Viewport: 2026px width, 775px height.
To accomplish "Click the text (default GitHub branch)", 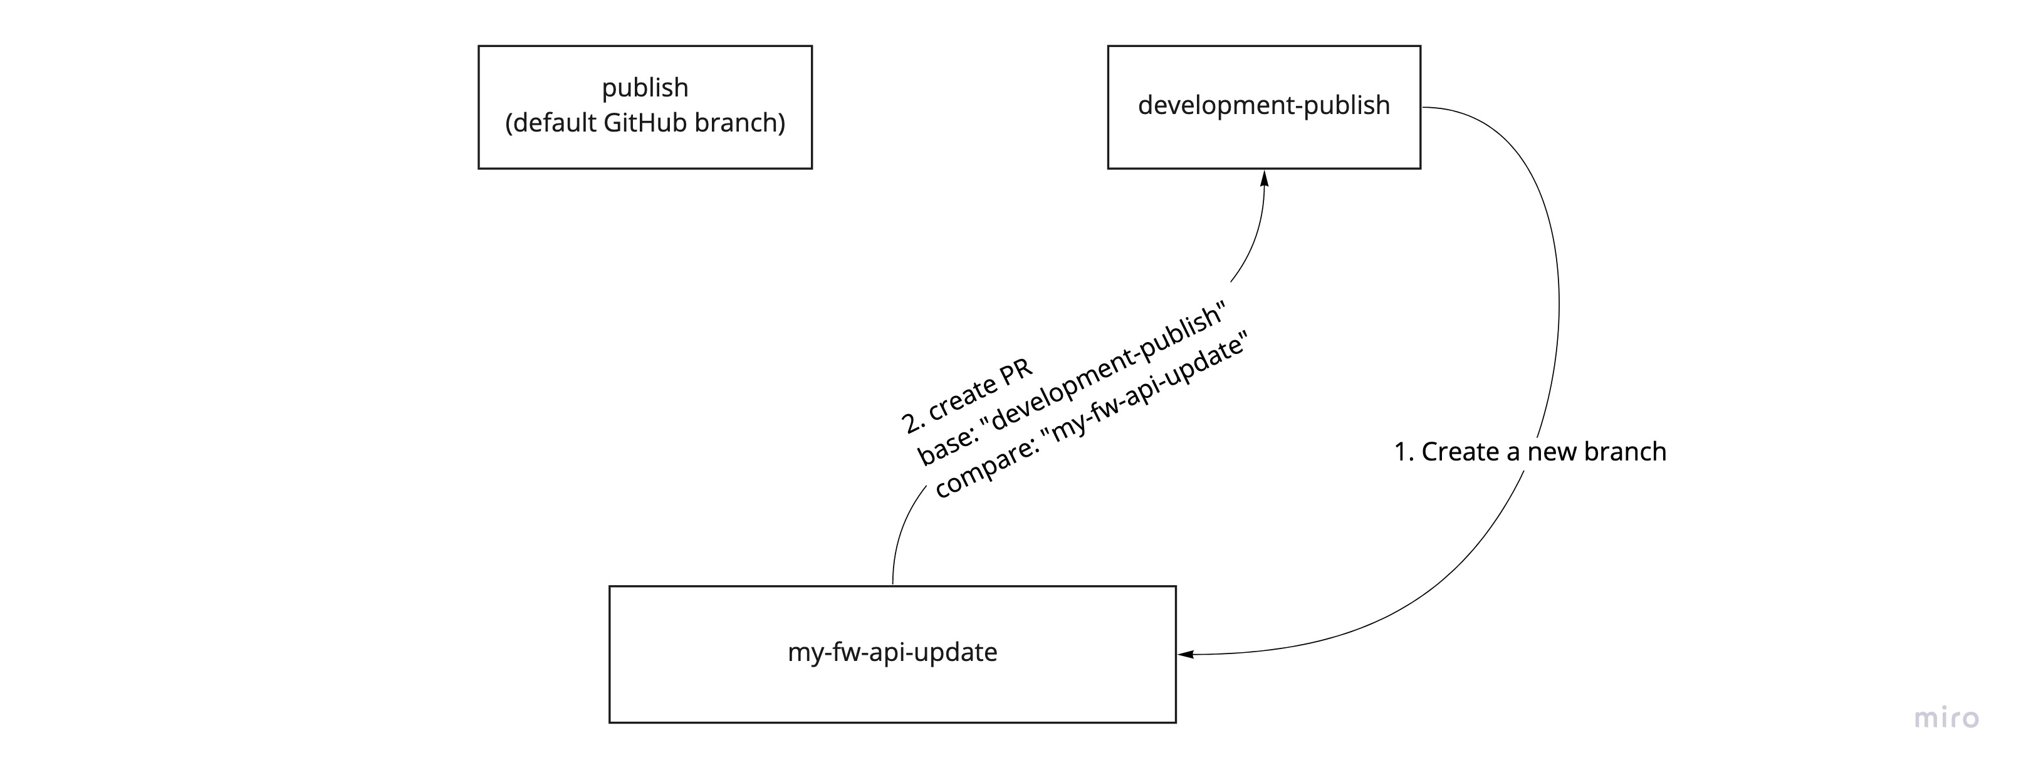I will tap(645, 123).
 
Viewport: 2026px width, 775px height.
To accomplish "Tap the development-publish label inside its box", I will tap(1263, 105).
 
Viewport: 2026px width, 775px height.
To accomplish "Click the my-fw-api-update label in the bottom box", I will tap(892, 652).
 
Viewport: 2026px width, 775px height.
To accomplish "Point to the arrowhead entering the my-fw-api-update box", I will tap(1184, 654).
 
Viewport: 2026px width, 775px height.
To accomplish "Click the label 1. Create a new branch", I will tap(1530, 452).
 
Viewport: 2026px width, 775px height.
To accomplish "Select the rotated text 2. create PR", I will tap(968, 398).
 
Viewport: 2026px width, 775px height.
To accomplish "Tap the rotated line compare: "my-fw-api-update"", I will tap(1092, 417).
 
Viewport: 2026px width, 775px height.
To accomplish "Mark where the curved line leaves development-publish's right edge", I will tap(1424, 107).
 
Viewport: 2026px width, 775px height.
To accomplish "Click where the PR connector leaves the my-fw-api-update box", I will tap(892, 583).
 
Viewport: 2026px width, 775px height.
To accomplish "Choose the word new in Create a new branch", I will tap(1552, 452).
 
